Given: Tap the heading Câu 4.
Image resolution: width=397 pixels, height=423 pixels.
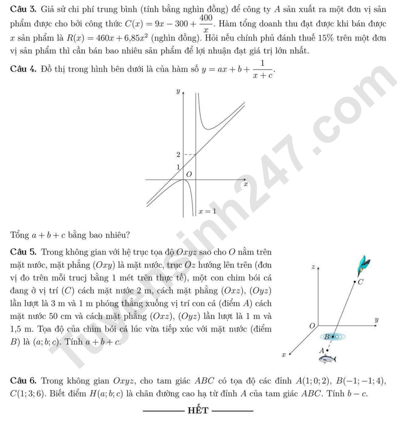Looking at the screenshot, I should coord(22,70).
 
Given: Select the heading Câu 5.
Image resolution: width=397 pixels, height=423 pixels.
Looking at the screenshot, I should coord(22,253).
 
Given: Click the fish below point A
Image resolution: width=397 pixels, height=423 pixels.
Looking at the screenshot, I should coord(329,357).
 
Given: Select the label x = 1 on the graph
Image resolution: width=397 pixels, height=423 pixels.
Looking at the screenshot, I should coord(207,211).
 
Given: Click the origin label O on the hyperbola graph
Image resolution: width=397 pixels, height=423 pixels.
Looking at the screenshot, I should coord(188,175).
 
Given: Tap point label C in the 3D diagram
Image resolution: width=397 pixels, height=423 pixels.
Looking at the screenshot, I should coord(361,282).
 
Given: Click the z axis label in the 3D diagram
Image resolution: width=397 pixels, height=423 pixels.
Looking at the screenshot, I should coord(313,267).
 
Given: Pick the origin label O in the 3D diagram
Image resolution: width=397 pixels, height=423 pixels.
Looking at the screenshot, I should coord(312,326).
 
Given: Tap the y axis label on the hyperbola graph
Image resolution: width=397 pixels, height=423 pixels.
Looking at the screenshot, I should coord(177,92).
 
